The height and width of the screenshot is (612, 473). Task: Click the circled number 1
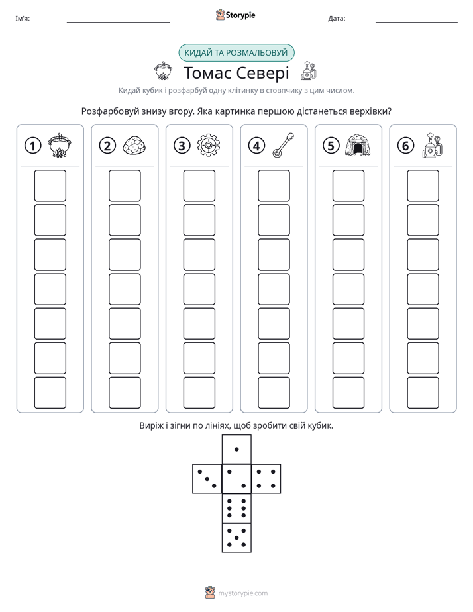point(32,146)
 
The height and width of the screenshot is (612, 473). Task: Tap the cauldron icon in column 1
point(60,145)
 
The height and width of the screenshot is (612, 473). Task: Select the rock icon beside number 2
point(134,146)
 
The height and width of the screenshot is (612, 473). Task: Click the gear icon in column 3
point(209,146)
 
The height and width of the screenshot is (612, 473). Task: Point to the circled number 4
point(256,146)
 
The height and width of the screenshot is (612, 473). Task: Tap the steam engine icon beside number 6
point(433,145)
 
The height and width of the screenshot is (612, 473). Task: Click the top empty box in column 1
point(50,185)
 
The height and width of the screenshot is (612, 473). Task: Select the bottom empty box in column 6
point(423,393)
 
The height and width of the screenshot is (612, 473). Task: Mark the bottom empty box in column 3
point(199,393)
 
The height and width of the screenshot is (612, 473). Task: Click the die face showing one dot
point(236,449)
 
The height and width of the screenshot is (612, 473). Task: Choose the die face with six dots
point(236,508)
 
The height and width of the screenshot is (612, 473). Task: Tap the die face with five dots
point(236,537)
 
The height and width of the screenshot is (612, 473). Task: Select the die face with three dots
point(207,478)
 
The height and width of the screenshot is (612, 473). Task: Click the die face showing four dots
point(266,478)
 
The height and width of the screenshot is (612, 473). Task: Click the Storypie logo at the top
point(235,15)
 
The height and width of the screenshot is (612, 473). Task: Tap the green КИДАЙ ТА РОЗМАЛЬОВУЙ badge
point(236,53)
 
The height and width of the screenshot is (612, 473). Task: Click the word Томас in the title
point(207,73)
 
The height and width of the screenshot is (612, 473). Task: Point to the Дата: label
point(337,19)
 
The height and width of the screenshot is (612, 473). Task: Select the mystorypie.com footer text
point(242,593)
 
